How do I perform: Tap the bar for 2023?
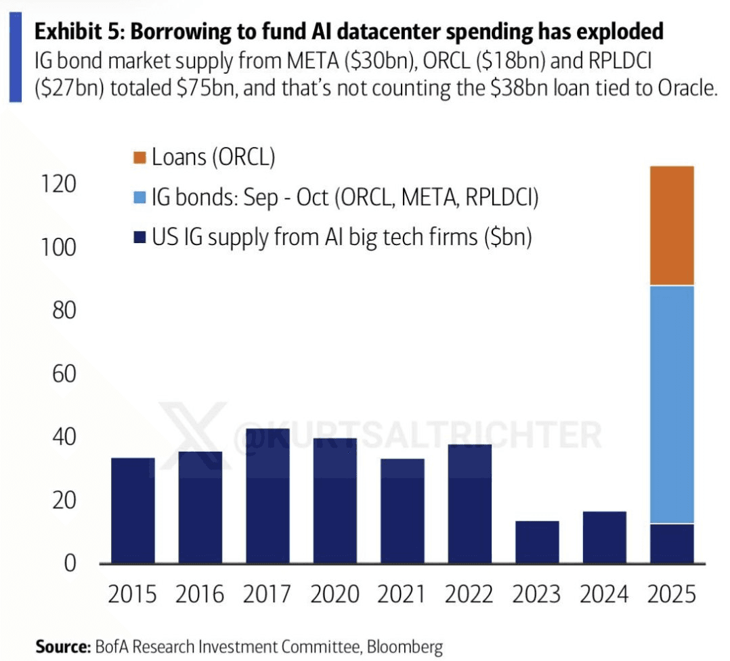(x=537, y=542)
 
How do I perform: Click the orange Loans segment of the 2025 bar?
(x=672, y=226)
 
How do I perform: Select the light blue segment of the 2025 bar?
(x=672, y=404)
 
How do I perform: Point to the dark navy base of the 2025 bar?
(x=672, y=543)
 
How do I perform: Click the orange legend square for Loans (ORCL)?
(x=140, y=158)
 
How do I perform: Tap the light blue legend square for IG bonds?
(x=140, y=198)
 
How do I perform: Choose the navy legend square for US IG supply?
(x=140, y=237)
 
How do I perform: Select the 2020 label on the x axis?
(x=335, y=595)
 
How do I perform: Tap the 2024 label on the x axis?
(x=605, y=595)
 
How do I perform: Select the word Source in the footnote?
(x=61, y=647)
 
